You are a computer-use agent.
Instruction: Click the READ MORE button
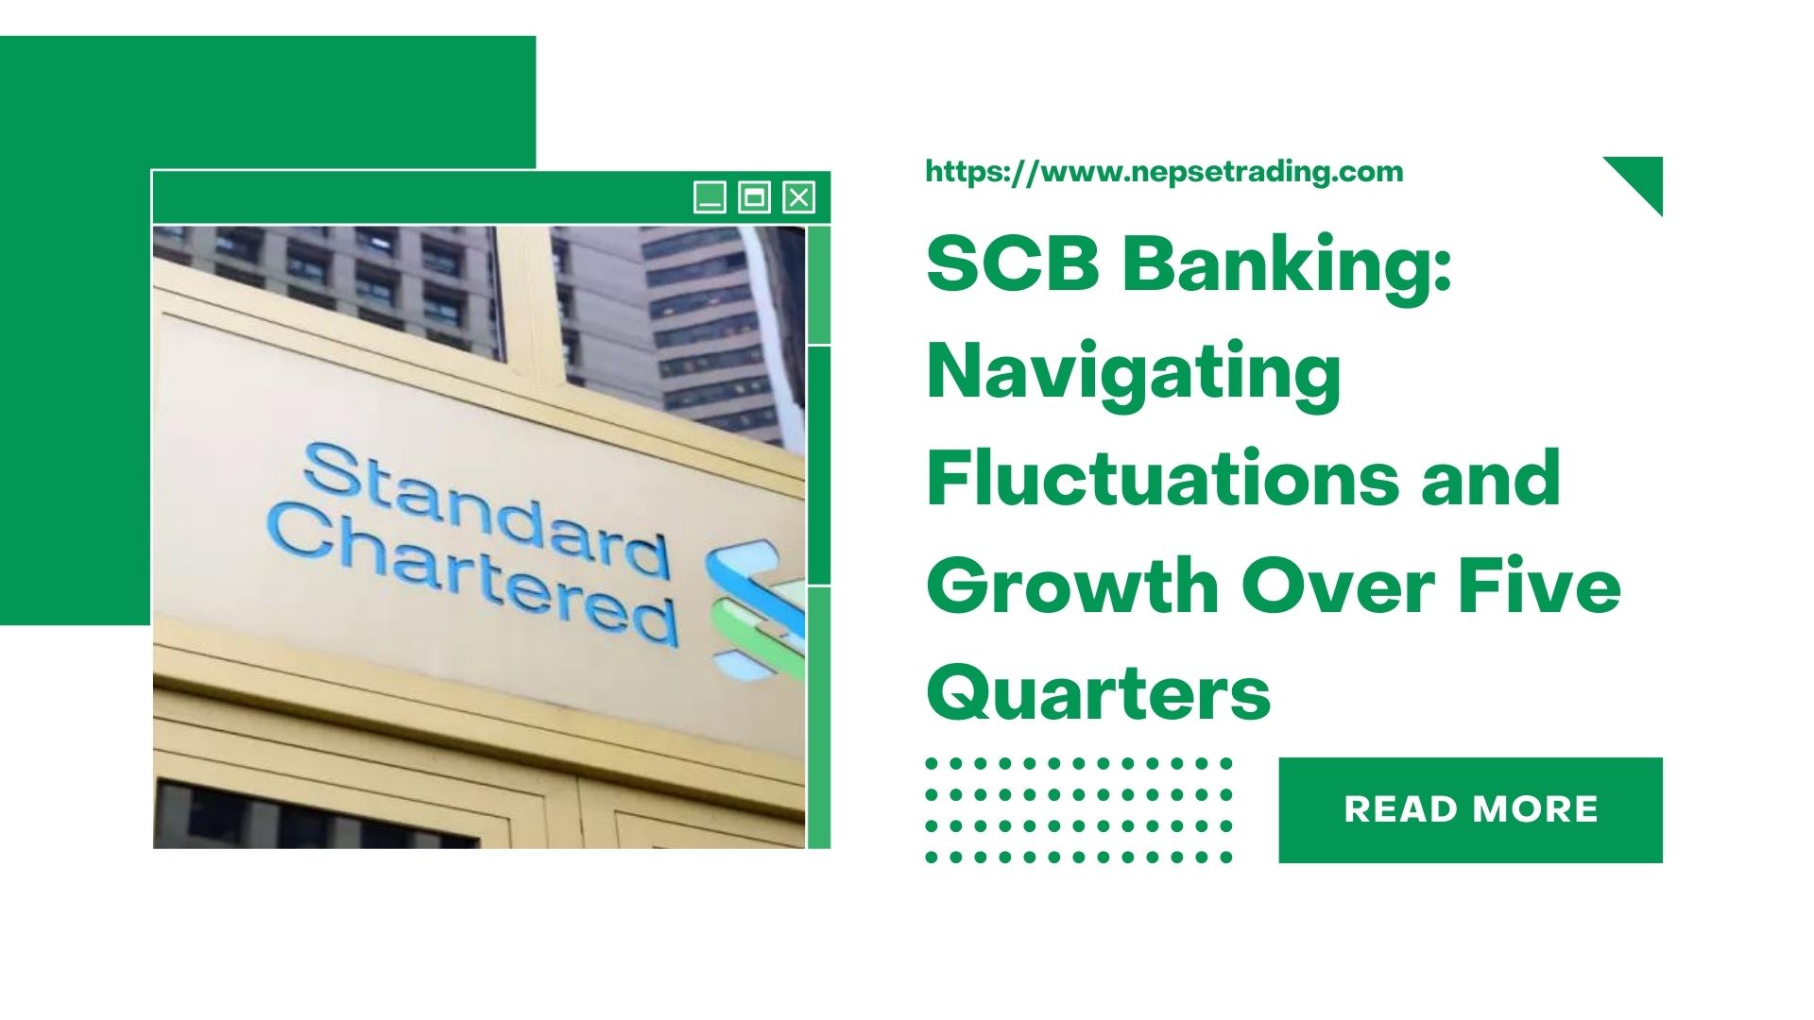click(x=1470, y=809)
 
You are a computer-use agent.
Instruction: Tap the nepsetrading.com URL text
click(x=1164, y=172)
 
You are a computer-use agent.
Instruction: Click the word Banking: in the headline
click(x=1287, y=264)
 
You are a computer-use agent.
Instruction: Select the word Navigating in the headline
click(x=1134, y=373)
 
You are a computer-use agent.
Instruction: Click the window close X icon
click(x=799, y=197)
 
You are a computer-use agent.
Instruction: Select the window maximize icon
click(x=754, y=197)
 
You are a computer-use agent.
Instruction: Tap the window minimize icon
click(x=710, y=197)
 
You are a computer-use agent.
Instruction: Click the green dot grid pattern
click(x=1079, y=809)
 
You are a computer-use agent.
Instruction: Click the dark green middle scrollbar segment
click(x=819, y=465)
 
